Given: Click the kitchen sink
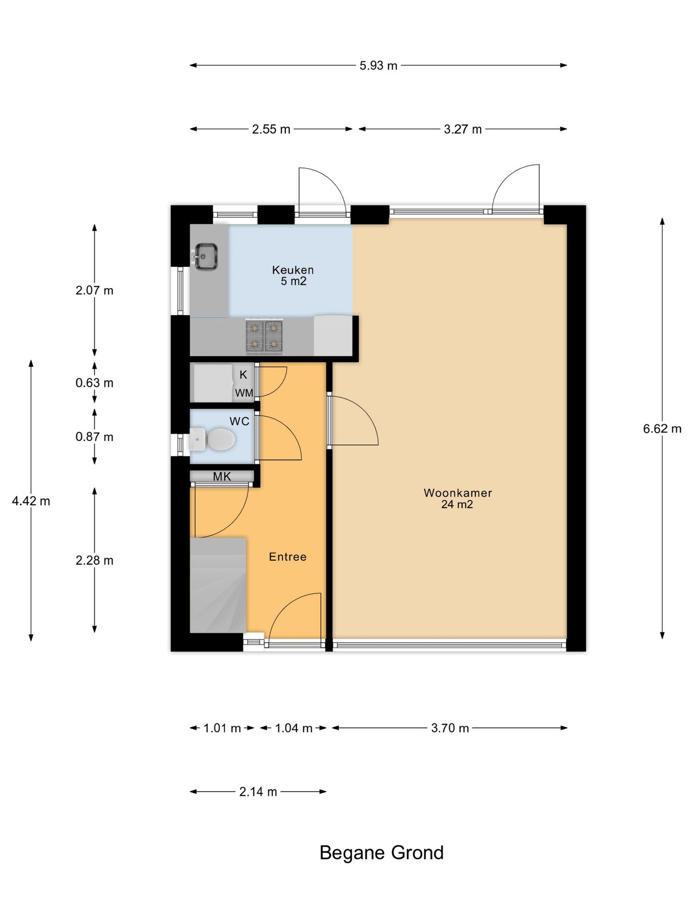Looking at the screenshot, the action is (206, 257).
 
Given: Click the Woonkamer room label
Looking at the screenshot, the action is (458, 493).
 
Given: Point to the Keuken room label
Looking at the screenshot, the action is (293, 269).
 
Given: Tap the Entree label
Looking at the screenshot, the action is (288, 557).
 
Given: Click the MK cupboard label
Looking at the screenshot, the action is (222, 476).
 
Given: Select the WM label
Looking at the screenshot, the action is (244, 393).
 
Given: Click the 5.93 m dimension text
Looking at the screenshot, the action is (378, 65).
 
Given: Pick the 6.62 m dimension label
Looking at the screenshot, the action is (662, 429).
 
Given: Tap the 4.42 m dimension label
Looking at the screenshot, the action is (31, 501).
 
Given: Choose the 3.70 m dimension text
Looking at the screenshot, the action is (449, 728).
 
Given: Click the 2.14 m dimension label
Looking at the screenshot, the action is (258, 792).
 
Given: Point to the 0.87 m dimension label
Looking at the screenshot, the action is (94, 437).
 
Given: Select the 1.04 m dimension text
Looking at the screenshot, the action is (294, 728).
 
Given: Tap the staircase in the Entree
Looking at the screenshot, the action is (218, 585).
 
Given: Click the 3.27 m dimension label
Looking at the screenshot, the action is (462, 129).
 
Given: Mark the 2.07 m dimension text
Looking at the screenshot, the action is (94, 291).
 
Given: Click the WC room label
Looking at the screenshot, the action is (239, 422).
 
